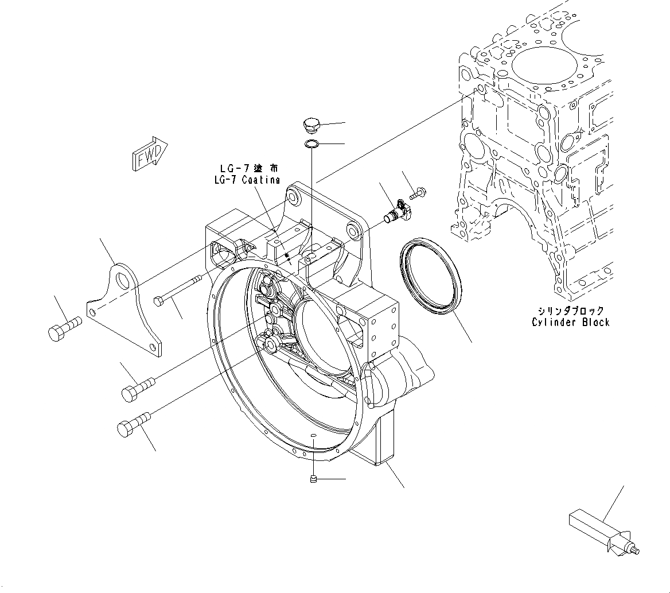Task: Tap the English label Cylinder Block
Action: [x=570, y=321]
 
